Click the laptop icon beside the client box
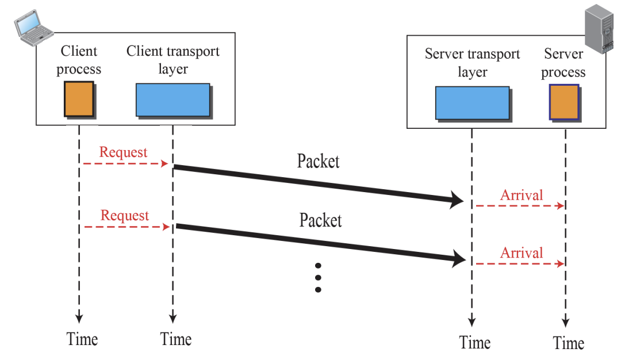click(x=33, y=28)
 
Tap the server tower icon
click(x=599, y=29)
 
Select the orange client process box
click(x=79, y=99)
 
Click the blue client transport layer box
click(x=174, y=101)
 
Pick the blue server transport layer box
click(x=473, y=104)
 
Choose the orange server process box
click(x=565, y=102)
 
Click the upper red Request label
click(x=123, y=152)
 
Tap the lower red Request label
click(x=124, y=215)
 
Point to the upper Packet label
click(x=318, y=161)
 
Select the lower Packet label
click(x=320, y=220)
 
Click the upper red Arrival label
click(x=522, y=195)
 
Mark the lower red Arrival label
click(x=522, y=253)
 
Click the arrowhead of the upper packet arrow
click(x=457, y=200)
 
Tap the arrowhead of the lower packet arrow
click(x=459, y=258)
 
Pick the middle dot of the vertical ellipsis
click(x=319, y=278)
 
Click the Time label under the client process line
click(x=82, y=339)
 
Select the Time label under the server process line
click(x=569, y=343)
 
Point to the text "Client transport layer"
click(x=173, y=60)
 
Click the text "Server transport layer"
click(x=472, y=63)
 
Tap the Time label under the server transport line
click(x=475, y=342)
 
